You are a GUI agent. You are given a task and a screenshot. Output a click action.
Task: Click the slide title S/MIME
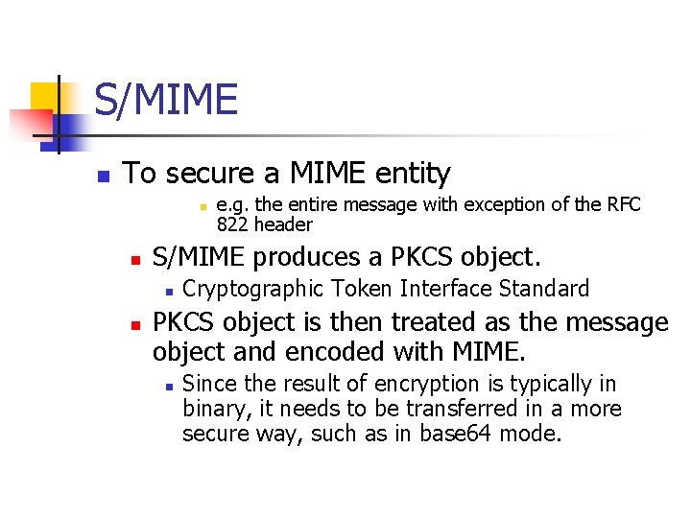click(x=165, y=100)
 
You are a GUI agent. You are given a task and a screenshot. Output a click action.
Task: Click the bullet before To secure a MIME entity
click(x=106, y=176)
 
